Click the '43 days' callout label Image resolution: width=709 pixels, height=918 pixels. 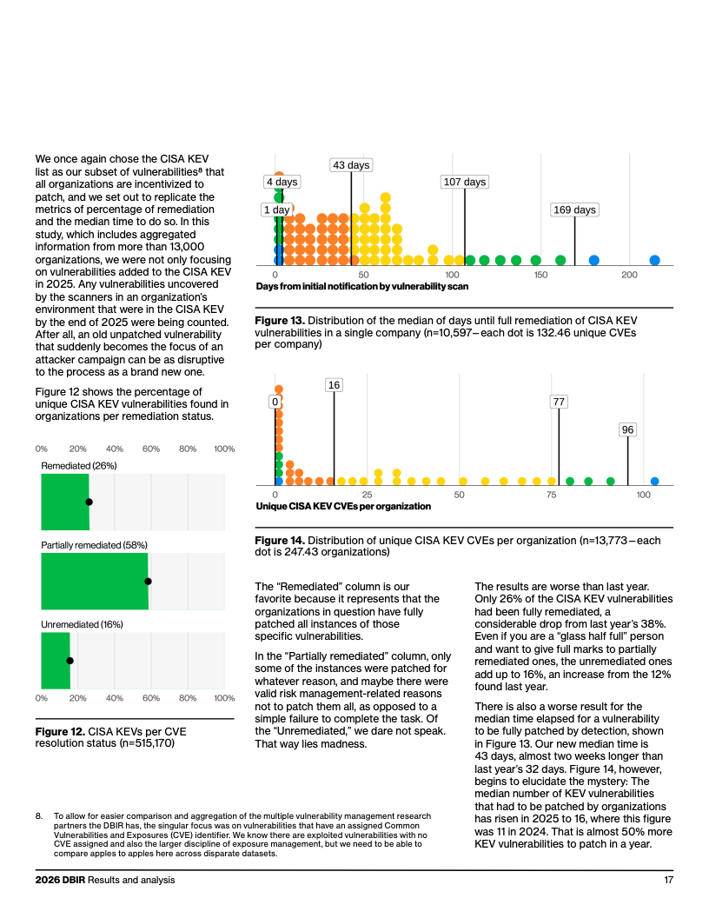click(351, 165)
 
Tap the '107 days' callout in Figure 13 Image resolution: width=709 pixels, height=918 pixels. click(465, 182)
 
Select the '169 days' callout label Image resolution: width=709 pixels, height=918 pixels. click(574, 210)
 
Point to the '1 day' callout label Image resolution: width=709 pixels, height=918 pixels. click(276, 210)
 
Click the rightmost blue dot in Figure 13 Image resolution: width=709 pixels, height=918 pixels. click(654, 260)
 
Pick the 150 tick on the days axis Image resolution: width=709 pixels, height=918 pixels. click(540, 275)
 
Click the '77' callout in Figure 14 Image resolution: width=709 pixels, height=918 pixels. click(559, 402)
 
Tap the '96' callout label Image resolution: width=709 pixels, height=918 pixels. click(627, 429)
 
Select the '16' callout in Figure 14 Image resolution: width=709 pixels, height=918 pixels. click(334, 384)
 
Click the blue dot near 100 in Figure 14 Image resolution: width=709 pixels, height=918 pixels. click(654, 482)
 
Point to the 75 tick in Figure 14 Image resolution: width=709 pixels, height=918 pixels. click(551, 495)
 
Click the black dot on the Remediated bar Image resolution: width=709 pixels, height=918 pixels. click(89, 502)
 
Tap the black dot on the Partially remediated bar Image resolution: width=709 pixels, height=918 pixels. click(148, 582)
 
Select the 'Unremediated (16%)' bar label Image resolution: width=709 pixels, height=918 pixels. click(82, 625)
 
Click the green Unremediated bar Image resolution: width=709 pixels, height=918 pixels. click(56, 661)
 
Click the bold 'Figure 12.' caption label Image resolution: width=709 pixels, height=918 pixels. click(60, 732)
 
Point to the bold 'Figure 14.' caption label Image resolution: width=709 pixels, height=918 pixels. click(280, 541)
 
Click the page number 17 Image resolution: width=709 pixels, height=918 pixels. click(669, 880)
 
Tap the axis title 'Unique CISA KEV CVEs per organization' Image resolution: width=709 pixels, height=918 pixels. click(343, 507)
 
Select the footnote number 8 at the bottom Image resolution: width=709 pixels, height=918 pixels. click(38, 815)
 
